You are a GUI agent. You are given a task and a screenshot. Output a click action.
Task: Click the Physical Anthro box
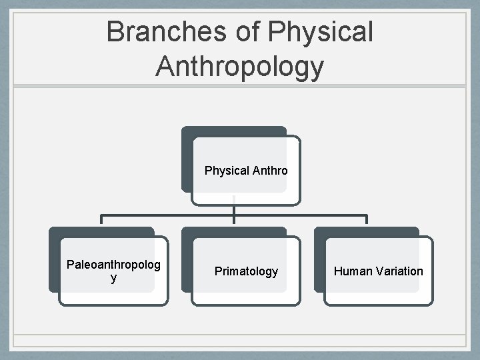[246, 171]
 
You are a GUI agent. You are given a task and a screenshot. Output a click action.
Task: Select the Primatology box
[246, 271]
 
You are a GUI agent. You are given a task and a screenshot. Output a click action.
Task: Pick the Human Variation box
[378, 271]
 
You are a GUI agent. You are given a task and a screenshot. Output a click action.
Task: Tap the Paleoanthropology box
[113, 271]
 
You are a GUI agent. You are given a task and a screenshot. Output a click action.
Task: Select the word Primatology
[246, 271]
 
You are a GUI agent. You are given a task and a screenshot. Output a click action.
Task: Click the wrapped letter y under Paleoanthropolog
[114, 278]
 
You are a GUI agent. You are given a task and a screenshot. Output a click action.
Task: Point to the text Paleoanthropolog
[113, 265]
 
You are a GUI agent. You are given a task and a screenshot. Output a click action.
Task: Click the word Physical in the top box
[227, 171]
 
